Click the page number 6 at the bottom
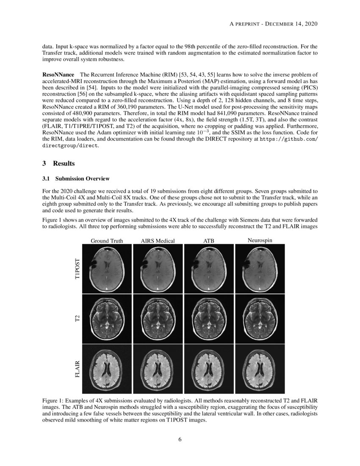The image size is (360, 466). (x=180, y=439)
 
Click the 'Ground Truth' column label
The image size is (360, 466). (x=107, y=241)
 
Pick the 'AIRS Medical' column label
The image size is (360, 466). (x=158, y=241)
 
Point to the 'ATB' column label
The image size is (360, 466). (x=209, y=241)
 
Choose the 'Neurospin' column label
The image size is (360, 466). (x=260, y=241)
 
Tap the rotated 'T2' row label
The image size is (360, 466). (x=77, y=319)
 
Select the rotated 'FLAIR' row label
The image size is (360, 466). (x=77, y=369)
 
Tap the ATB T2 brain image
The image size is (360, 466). (x=209, y=319)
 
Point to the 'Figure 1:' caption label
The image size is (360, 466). (x=54, y=400)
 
